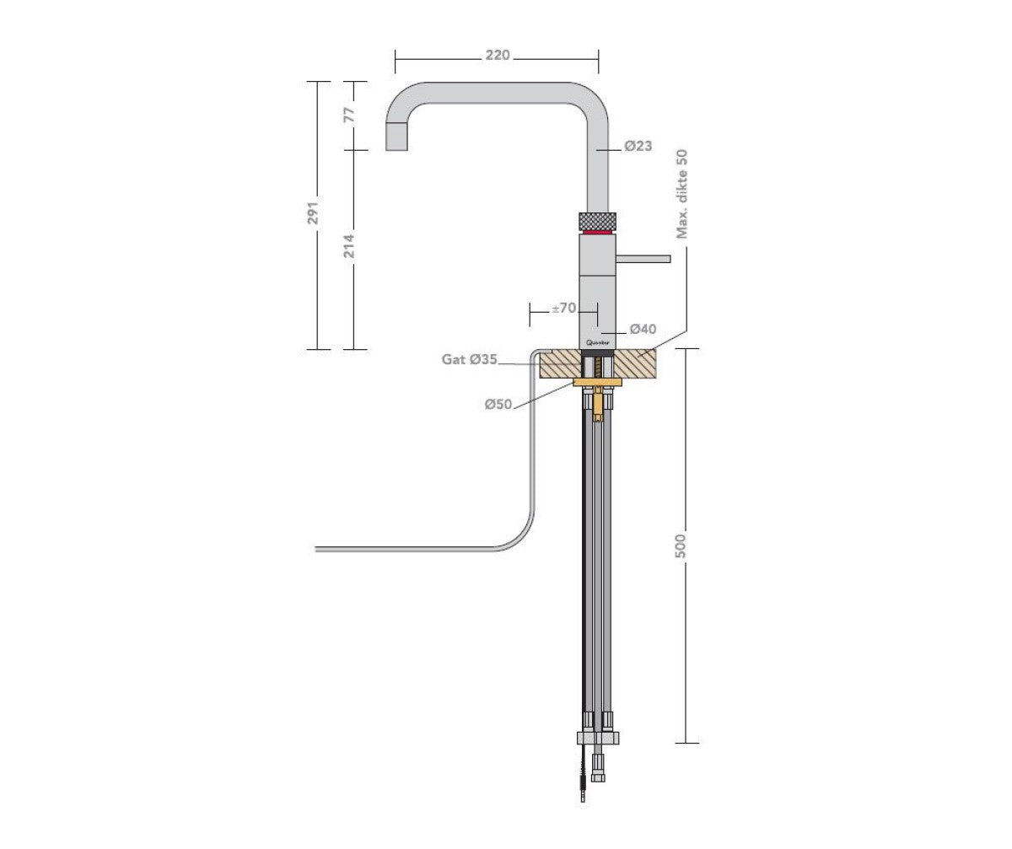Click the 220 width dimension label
[498, 56]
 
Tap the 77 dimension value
[349, 115]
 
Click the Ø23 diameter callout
[638, 146]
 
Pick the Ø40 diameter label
[643, 329]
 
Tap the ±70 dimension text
[563, 309]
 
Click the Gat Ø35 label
[470, 360]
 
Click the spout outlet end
[396, 137]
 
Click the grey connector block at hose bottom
[598, 739]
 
